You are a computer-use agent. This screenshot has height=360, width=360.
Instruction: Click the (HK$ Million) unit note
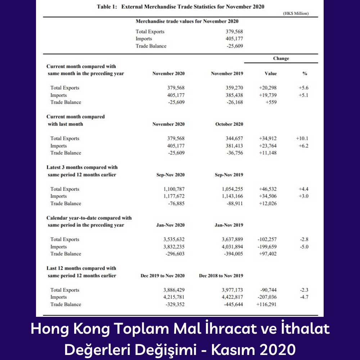tap(296, 14)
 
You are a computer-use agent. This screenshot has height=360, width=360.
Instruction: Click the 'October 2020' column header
tap(229, 124)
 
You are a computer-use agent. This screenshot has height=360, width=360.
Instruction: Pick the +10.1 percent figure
tap(302, 139)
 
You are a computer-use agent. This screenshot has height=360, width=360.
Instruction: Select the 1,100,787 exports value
tap(174, 189)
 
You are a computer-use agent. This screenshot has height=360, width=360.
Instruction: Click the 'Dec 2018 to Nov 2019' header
tap(221, 276)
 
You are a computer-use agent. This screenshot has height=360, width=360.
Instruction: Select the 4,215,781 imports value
tap(174, 297)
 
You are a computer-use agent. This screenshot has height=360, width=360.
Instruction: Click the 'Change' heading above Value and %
tap(281, 58)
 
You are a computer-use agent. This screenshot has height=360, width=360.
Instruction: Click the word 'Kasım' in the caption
tap(228, 350)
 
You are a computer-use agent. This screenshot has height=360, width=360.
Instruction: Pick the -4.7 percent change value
tap(305, 297)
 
